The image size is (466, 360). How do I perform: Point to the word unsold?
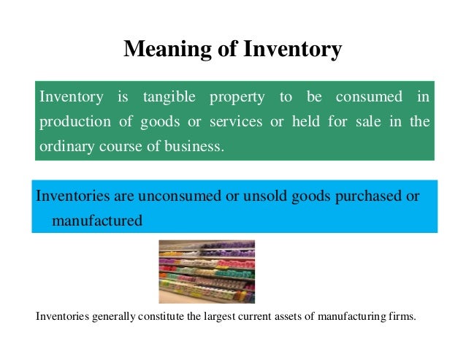click(x=252, y=196)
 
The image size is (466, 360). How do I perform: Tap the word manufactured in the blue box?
click(x=97, y=219)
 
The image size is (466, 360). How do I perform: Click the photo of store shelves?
click(x=207, y=271)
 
